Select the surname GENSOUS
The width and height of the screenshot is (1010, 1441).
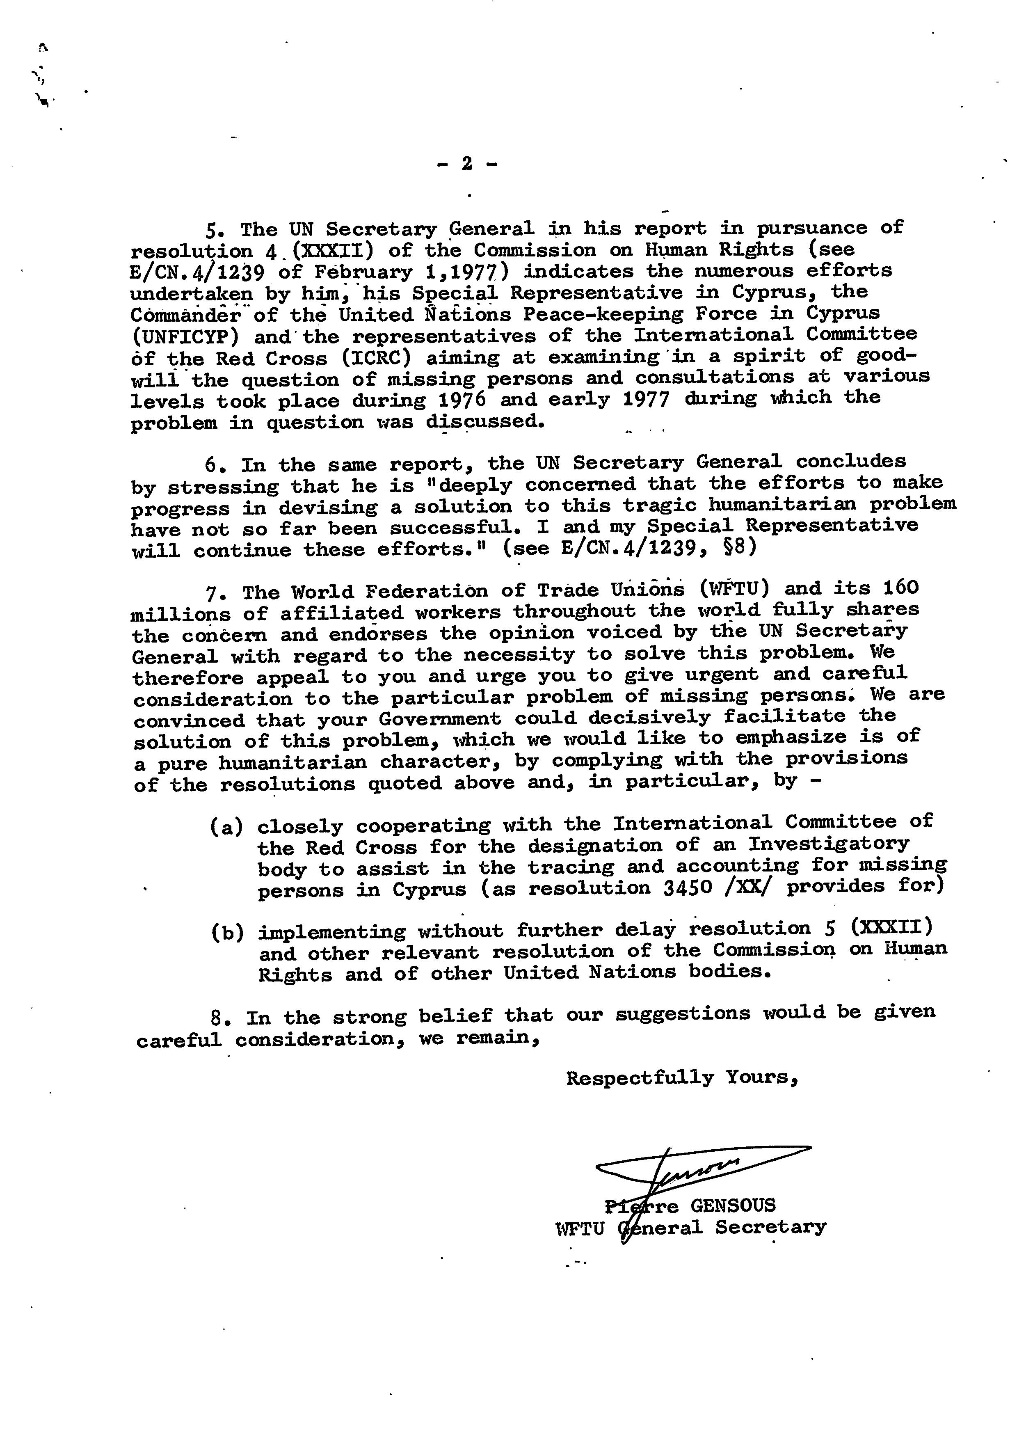coord(733,1205)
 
